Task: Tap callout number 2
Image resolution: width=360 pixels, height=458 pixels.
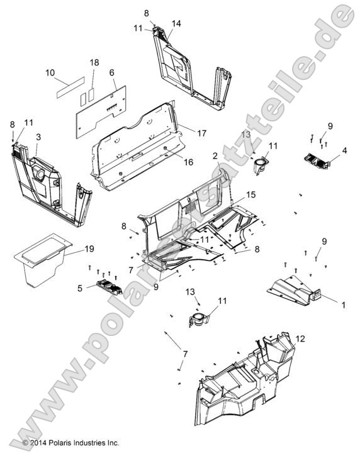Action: pyautogui.click(x=215, y=155)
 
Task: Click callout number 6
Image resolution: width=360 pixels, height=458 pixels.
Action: pyautogui.click(x=112, y=73)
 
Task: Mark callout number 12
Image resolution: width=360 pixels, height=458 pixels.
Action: pyautogui.click(x=300, y=338)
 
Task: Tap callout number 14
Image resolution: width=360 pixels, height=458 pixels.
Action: pyautogui.click(x=176, y=23)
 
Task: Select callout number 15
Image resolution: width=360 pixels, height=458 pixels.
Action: pyautogui.click(x=251, y=196)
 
